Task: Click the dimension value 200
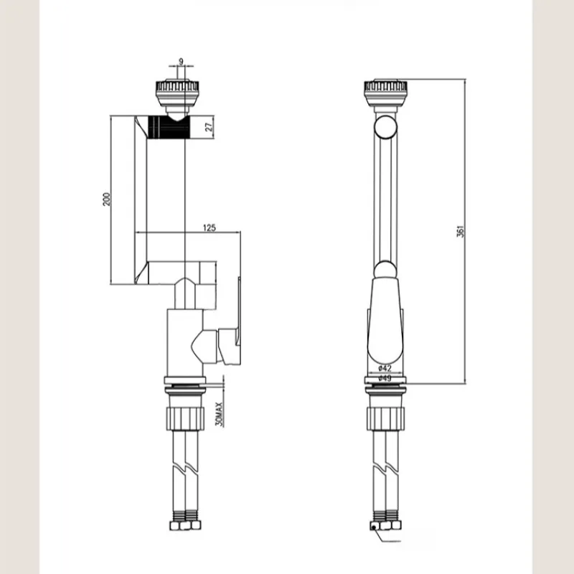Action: point(106,199)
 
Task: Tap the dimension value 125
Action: point(210,227)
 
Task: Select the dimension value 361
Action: point(460,231)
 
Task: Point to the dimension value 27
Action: point(209,127)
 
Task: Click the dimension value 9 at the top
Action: point(181,62)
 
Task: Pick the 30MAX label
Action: point(219,414)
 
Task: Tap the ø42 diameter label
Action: point(385,368)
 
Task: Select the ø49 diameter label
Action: point(385,378)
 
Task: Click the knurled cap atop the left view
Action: point(177,92)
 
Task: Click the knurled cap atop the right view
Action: point(385,92)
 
